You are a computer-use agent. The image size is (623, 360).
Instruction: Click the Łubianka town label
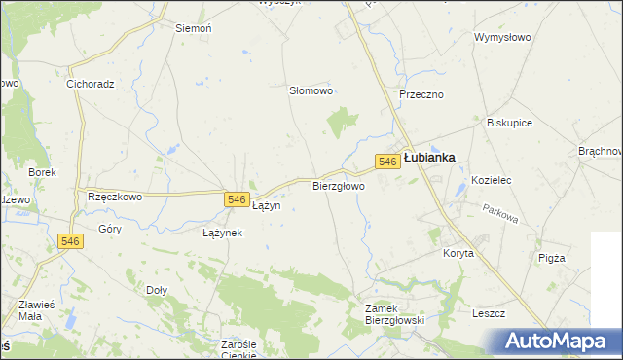[429, 157]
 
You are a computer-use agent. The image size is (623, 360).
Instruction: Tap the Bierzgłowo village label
[339, 185]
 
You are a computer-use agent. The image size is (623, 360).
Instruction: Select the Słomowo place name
[311, 90]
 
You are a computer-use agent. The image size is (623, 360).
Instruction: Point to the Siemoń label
[193, 29]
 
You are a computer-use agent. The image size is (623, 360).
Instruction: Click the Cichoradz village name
[91, 84]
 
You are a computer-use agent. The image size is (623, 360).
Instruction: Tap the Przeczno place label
[421, 94]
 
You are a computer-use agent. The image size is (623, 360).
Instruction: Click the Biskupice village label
[509, 124]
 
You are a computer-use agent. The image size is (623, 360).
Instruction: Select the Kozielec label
[492, 181]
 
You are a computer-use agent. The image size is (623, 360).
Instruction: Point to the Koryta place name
[458, 253]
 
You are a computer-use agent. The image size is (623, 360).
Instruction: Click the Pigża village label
[551, 258]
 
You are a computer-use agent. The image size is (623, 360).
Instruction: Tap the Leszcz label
[488, 313]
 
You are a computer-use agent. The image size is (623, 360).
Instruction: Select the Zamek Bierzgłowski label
[390, 313]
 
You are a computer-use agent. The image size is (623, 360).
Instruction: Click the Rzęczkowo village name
[115, 196]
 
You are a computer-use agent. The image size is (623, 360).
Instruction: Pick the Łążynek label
[222, 234]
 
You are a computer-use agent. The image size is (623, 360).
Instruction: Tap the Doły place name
[157, 290]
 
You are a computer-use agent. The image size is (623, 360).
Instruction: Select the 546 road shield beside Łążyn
[235, 199]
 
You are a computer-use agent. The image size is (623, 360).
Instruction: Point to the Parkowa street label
[502, 212]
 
